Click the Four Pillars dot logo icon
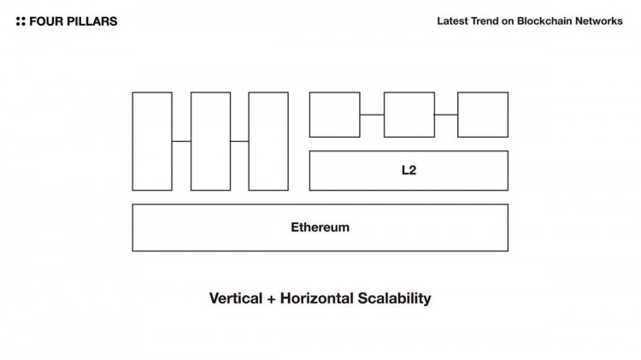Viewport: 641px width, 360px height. [x=21, y=21]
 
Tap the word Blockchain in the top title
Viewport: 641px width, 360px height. [x=546, y=21]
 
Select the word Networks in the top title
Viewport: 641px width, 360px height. [x=599, y=21]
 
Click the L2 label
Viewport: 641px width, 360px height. [x=409, y=170]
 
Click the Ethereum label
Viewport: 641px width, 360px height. [x=320, y=227]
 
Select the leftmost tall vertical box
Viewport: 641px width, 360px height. [x=152, y=141]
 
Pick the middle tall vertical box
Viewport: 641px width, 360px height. [x=210, y=141]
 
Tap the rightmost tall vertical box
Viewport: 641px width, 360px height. [x=268, y=141]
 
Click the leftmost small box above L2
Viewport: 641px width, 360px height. [x=334, y=114]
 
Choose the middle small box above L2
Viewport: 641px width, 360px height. [x=409, y=114]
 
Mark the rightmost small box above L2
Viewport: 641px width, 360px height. [x=483, y=114]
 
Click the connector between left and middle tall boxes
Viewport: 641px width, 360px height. [x=181, y=141]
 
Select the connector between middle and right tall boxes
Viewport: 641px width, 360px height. [x=239, y=141]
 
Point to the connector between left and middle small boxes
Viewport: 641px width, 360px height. [x=372, y=114]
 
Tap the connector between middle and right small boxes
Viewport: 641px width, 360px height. [x=446, y=114]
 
